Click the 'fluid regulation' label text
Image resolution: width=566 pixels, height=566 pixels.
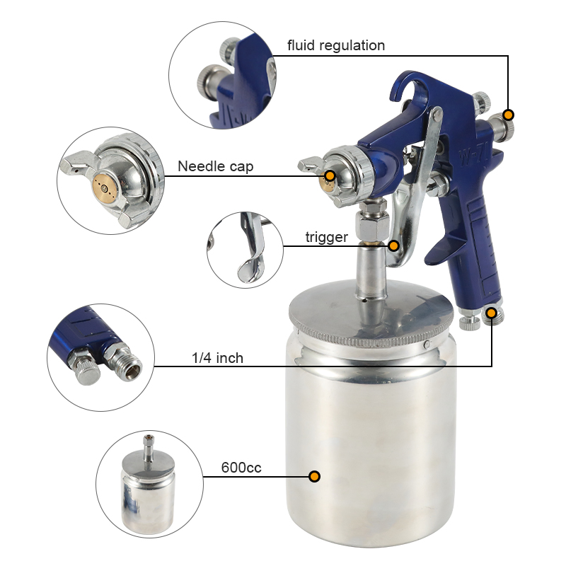[336, 46]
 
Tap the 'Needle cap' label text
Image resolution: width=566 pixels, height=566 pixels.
[215, 167]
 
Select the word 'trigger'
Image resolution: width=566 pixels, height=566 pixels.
[326, 238]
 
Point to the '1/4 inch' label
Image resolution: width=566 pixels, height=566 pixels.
[217, 359]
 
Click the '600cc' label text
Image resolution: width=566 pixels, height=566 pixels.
[241, 468]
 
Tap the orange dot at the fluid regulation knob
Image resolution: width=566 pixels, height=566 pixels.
[508, 115]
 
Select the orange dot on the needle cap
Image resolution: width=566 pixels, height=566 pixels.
[330, 175]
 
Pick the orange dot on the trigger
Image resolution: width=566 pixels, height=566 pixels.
[393, 246]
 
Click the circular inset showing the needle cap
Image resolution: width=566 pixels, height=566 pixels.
[110, 180]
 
